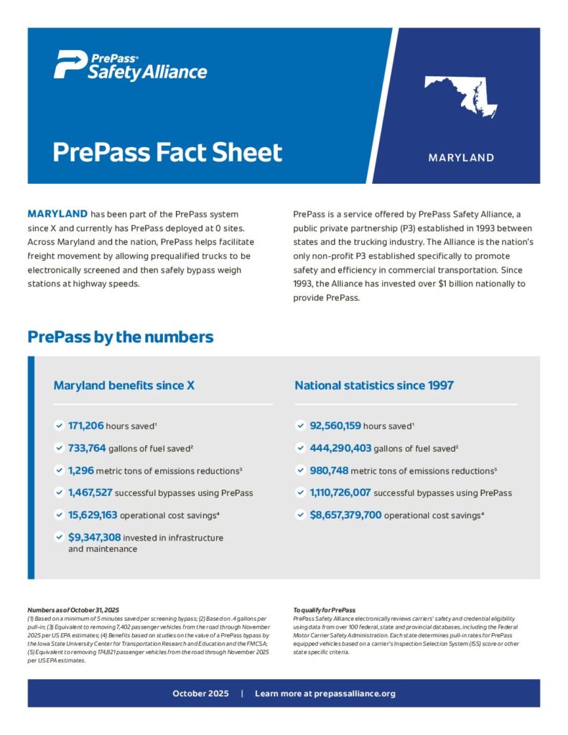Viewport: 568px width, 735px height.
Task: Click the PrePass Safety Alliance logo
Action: tap(130, 65)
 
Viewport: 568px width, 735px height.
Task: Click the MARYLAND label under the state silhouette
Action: tap(461, 157)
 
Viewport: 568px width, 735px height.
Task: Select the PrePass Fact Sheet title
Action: tap(167, 152)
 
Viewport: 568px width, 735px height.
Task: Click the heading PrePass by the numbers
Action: tap(120, 337)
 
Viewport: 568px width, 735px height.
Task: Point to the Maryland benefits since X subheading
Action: tap(124, 385)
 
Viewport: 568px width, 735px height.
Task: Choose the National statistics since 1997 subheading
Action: tap(373, 385)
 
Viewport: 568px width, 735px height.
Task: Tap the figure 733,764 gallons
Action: tap(87, 448)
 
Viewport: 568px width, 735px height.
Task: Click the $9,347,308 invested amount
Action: tap(94, 537)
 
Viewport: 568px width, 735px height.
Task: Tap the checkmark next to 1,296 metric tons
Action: tap(59, 470)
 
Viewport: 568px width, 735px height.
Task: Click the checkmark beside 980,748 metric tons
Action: tap(300, 470)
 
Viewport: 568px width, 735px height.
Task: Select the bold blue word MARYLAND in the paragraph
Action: tap(57, 214)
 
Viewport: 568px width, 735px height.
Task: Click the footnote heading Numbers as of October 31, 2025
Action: tap(73, 609)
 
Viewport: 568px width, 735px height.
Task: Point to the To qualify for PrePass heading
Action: tap(324, 609)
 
